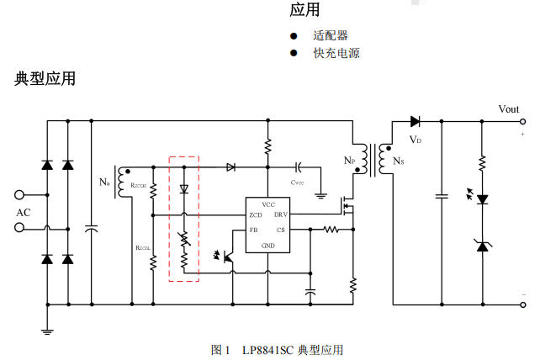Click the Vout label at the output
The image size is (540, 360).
tap(508, 109)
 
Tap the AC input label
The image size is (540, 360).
tap(24, 212)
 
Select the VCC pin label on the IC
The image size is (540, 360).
tap(267, 204)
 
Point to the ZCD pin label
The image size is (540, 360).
tap(255, 215)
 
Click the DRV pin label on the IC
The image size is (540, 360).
tap(279, 215)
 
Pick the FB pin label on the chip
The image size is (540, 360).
tap(253, 230)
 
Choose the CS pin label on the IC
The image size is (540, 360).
tap(280, 230)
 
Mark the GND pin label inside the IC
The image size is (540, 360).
tap(267, 245)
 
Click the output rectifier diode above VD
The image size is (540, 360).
tap(416, 122)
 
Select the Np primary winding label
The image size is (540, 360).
tap(349, 160)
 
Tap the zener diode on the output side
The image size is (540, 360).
tap(482, 246)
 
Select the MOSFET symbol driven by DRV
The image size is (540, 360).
tap(347, 206)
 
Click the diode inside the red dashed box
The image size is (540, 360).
tap(183, 189)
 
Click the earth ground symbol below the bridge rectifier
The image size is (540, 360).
tap(47, 331)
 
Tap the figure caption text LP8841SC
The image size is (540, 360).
tap(265, 349)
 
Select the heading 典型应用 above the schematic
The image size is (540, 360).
tap(45, 79)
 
